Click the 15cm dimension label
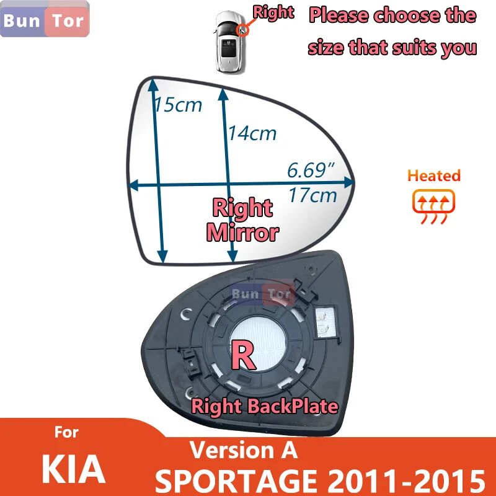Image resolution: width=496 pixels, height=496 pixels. click(x=179, y=104)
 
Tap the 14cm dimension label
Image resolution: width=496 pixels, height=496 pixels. click(x=252, y=132)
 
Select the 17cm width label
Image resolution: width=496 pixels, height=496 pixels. click(x=312, y=195)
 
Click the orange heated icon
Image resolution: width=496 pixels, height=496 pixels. click(x=433, y=202)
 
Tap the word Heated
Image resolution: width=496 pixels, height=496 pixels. click(x=434, y=175)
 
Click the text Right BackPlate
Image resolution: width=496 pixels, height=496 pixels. click(x=265, y=406)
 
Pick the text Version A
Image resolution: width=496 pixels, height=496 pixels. click(x=243, y=450)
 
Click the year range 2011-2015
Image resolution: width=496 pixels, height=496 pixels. click(x=401, y=478)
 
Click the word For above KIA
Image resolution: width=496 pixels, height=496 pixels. click(x=66, y=432)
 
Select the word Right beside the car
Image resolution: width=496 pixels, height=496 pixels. click(x=273, y=13)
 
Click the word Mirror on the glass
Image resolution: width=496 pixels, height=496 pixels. click(x=242, y=232)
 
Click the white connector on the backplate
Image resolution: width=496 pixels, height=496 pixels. click(x=324, y=321)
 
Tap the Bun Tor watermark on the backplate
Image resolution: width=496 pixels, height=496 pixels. click(x=261, y=294)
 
